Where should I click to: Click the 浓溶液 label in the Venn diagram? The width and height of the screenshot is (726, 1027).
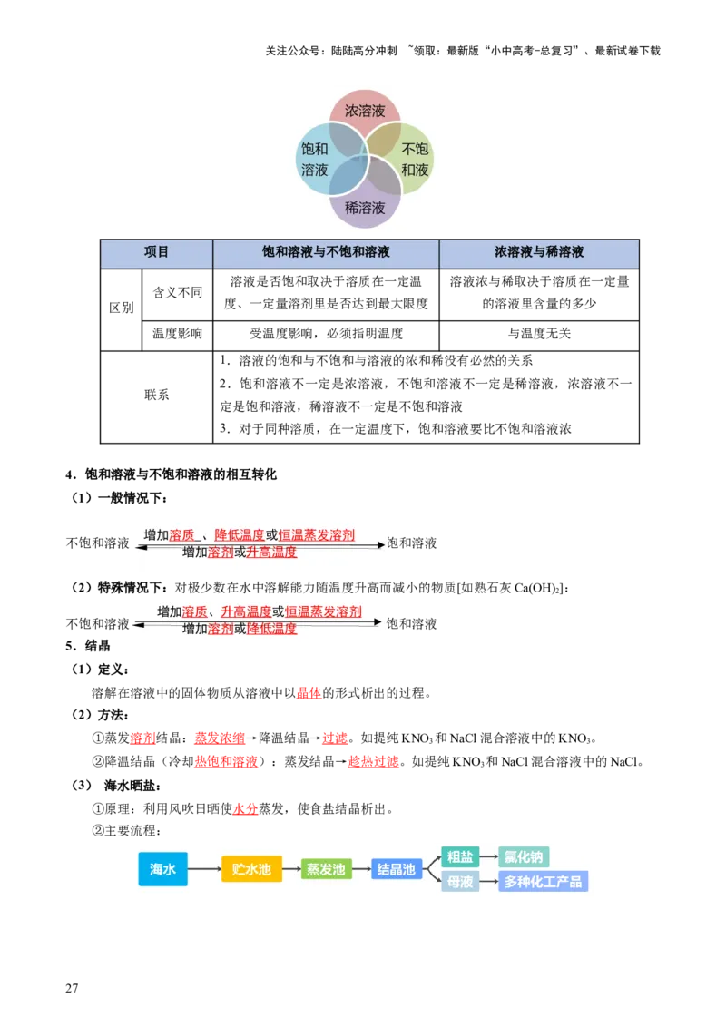click(365, 112)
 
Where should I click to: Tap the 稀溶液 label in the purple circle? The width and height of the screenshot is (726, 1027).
click(365, 208)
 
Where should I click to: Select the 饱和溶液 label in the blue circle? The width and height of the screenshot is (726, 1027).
click(315, 160)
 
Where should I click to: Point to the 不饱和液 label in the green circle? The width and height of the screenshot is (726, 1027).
click(415, 160)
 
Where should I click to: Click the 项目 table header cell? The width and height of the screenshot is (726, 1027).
click(156, 253)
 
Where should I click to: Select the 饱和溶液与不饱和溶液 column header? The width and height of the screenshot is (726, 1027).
click(326, 253)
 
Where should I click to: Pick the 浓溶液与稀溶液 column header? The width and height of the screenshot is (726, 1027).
click(538, 253)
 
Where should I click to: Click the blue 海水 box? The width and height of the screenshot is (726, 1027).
click(163, 869)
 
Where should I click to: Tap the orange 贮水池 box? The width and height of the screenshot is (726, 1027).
click(251, 869)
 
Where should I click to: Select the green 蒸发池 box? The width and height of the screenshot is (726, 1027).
click(326, 869)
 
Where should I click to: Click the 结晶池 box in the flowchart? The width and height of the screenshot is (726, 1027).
click(397, 869)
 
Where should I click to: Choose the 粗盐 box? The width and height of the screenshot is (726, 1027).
click(460, 856)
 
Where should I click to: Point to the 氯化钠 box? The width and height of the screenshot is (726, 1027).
click(524, 856)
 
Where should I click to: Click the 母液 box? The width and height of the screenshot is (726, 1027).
click(460, 882)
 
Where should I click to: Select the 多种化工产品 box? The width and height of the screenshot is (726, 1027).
click(544, 882)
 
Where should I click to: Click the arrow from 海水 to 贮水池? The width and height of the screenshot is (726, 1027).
click(204, 869)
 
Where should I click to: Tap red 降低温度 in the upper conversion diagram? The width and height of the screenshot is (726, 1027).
click(240, 535)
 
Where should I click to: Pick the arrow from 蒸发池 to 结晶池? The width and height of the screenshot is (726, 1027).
click(361, 869)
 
